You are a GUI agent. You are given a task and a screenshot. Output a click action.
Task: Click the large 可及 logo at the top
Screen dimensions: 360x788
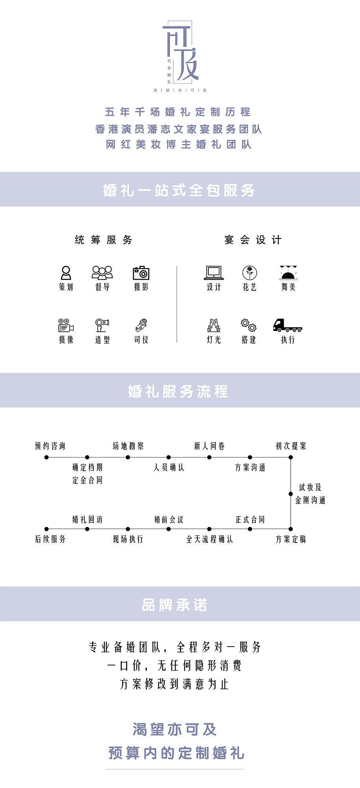(181, 51)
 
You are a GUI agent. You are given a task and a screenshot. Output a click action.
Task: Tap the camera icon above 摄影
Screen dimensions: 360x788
(141, 273)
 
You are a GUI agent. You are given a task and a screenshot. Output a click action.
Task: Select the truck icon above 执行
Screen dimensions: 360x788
(288, 325)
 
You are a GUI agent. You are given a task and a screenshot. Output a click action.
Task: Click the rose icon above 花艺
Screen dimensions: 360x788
(250, 273)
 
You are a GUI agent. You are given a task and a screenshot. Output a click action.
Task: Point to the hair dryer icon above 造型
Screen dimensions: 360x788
(102, 325)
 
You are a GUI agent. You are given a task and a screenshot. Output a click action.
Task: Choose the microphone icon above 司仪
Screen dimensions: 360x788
(141, 325)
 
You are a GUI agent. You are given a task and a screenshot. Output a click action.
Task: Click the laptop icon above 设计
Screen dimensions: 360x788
(214, 273)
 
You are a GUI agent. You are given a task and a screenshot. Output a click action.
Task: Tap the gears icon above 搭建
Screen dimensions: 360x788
(249, 325)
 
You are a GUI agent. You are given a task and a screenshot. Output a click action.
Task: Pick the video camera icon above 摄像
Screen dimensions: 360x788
(66, 325)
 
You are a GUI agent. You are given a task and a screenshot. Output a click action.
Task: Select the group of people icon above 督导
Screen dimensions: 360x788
(102, 273)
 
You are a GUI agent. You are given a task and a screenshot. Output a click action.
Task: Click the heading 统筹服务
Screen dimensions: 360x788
(104, 240)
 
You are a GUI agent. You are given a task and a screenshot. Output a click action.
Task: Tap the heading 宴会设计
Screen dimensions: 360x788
(253, 240)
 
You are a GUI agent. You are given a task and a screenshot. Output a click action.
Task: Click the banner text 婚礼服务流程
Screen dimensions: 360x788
(178, 391)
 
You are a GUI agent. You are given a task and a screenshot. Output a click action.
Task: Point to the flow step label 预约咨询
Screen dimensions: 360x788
(50, 446)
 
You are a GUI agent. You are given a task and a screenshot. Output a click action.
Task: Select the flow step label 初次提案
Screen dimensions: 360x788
(291, 446)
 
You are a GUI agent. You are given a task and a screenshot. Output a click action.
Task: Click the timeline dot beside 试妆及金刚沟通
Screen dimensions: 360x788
(291, 494)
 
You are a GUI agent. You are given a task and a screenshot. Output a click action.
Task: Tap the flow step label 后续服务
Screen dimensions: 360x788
(50, 539)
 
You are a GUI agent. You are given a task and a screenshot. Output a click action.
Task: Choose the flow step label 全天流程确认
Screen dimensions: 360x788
(210, 539)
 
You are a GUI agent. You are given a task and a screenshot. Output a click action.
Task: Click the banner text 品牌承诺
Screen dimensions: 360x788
(174, 605)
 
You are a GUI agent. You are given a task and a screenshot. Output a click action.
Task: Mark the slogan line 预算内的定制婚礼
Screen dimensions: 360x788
(176, 753)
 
